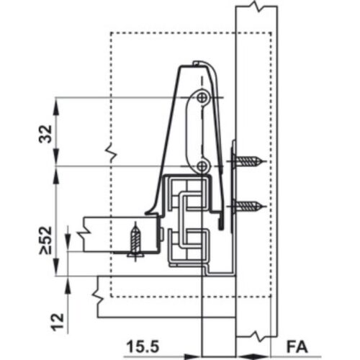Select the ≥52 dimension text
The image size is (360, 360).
(x=45, y=240)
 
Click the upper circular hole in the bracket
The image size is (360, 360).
(x=203, y=96)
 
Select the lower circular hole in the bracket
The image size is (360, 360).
(x=203, y=166)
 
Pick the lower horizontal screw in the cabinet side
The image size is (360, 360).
(x=249, y=207)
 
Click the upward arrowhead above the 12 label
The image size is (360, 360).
(x=69, y=283)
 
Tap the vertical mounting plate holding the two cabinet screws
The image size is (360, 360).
(x=234, y=180)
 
